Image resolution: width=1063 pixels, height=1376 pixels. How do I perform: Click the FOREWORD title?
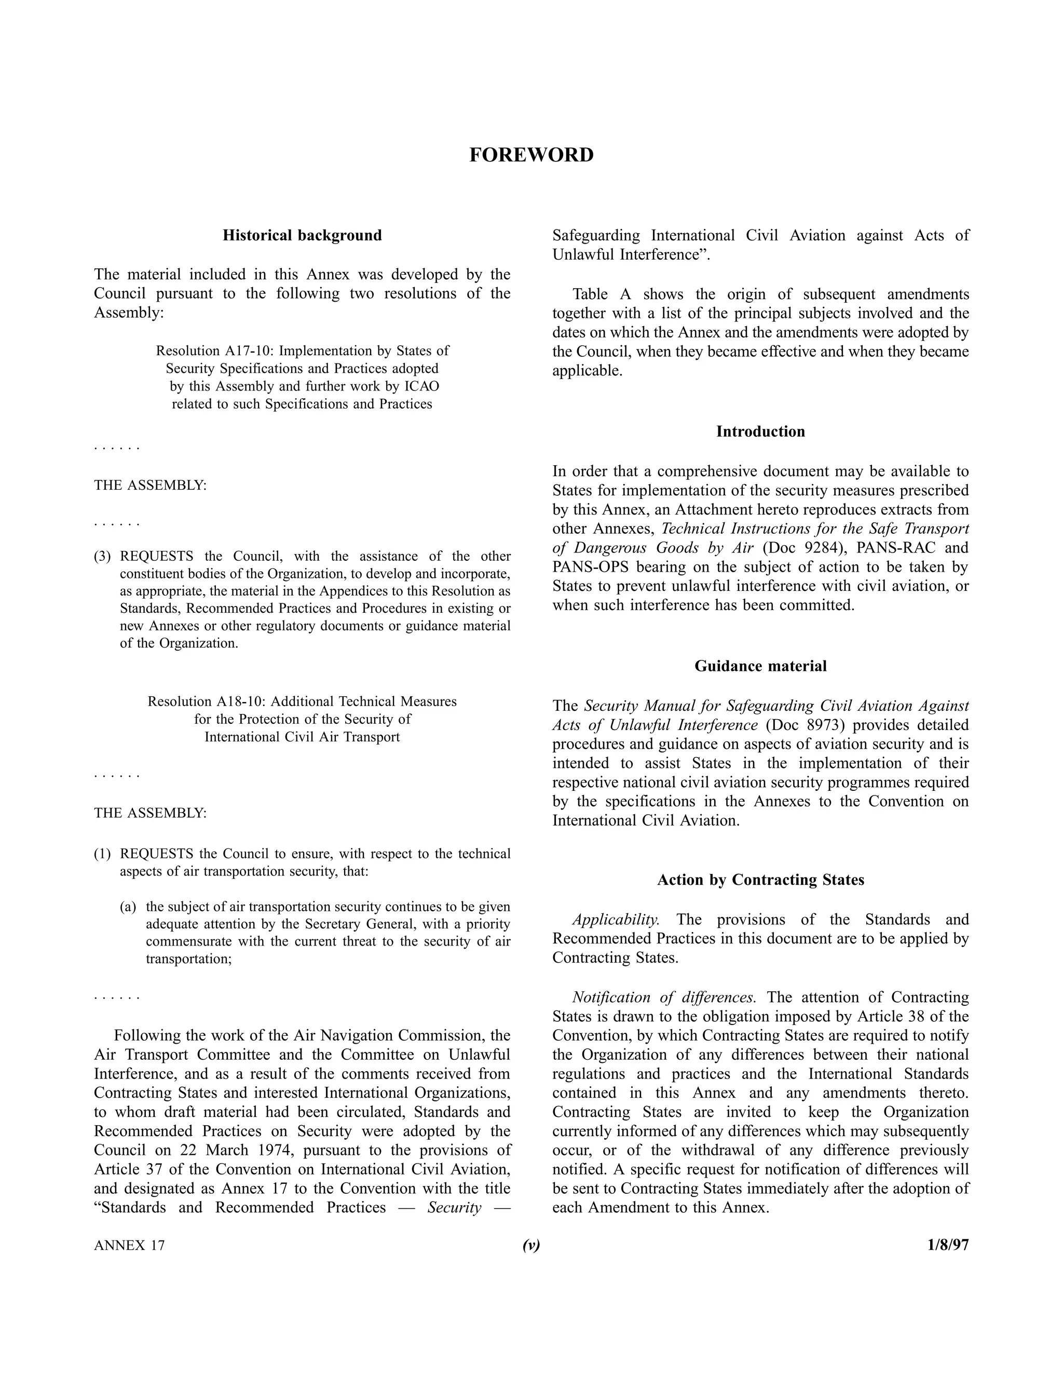coord(531,155)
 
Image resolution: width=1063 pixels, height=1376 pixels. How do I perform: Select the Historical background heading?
coord(302,236)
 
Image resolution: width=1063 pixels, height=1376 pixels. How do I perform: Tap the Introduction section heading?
coord(760,431)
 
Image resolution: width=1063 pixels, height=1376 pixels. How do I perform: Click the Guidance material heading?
coord(760,666)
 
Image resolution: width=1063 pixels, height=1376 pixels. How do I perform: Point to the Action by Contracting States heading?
coord(760,880)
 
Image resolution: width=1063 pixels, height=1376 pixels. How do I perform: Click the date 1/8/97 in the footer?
coord(947,1245)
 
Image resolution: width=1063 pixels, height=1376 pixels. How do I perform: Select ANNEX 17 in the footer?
coord(129,1246)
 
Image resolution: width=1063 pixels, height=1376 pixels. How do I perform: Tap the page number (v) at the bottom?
coord(531,1245)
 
